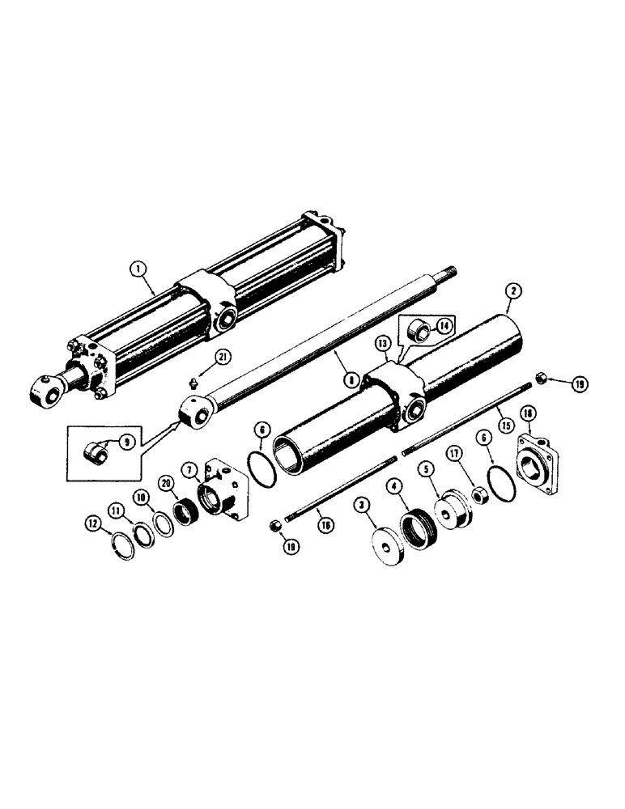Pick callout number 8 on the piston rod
pyautogui.click(x=349, y=376)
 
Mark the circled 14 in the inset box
pyautogui.click(x=444, y=326)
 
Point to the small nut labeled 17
pyautogui.click(x=477, y=493)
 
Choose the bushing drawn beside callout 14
pyautogui.click(x=422, y=331)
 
